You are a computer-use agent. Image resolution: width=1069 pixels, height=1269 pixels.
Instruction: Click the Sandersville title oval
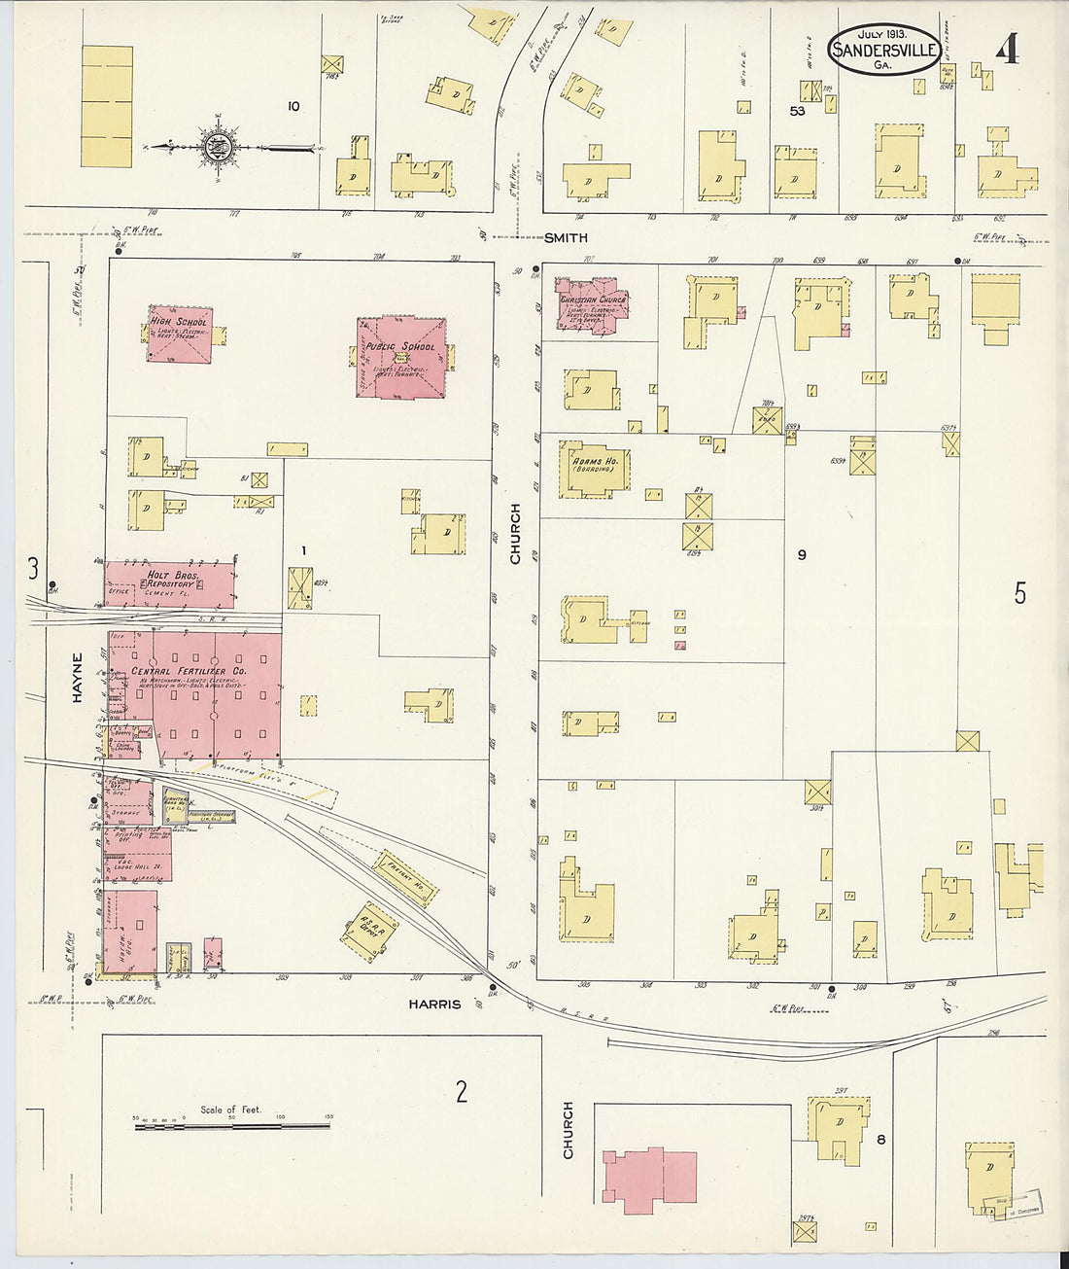[x=883, y=49]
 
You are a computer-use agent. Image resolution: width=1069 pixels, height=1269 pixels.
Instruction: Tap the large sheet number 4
[x=1008, y=49]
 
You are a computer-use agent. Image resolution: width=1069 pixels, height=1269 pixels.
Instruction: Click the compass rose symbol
[x=215, y=147]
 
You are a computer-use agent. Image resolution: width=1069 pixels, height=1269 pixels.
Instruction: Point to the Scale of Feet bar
[x=231, y=1125]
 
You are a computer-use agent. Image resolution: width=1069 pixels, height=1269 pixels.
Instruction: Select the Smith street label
[x=566, y=238]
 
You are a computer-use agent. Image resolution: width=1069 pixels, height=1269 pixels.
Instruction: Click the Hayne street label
[x=77, y=677]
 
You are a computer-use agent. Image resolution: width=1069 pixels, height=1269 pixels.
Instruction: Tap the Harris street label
[x=434, y=1004]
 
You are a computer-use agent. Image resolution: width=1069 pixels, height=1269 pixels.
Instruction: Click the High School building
[x=179, y=335]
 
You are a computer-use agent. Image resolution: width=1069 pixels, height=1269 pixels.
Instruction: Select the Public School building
[x=401, y=357]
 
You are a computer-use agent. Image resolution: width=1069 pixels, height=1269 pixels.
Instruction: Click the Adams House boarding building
[x=593, y=469]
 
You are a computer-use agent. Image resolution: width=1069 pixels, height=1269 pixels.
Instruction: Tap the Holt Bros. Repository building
[x=170, y=583]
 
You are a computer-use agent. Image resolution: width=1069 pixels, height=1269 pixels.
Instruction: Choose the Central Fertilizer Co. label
[x=196, y=671]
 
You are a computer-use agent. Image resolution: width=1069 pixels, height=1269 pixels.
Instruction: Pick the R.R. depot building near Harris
[x=369, y=932]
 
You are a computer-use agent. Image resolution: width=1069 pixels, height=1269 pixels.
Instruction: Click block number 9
[x=802, y=555]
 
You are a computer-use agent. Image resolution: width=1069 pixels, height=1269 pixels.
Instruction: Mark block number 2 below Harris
[x=462, y=1091]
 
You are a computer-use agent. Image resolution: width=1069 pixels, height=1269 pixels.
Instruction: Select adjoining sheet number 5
[x=1019, y=592]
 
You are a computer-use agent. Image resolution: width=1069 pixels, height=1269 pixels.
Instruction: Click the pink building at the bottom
[x=649, y=1179]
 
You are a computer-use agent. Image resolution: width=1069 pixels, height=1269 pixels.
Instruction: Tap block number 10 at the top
[x=293, y=106]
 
